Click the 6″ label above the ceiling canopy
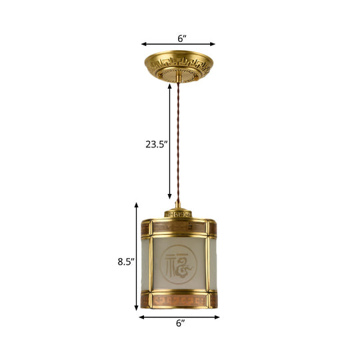pyautogui.click(x=180, y=38)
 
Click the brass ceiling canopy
pyautogui.click(x=180, y=64)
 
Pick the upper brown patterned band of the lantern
pyautogui.click(x=180, y=229)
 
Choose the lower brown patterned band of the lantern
pyautogui.click(x=180, y=301)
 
